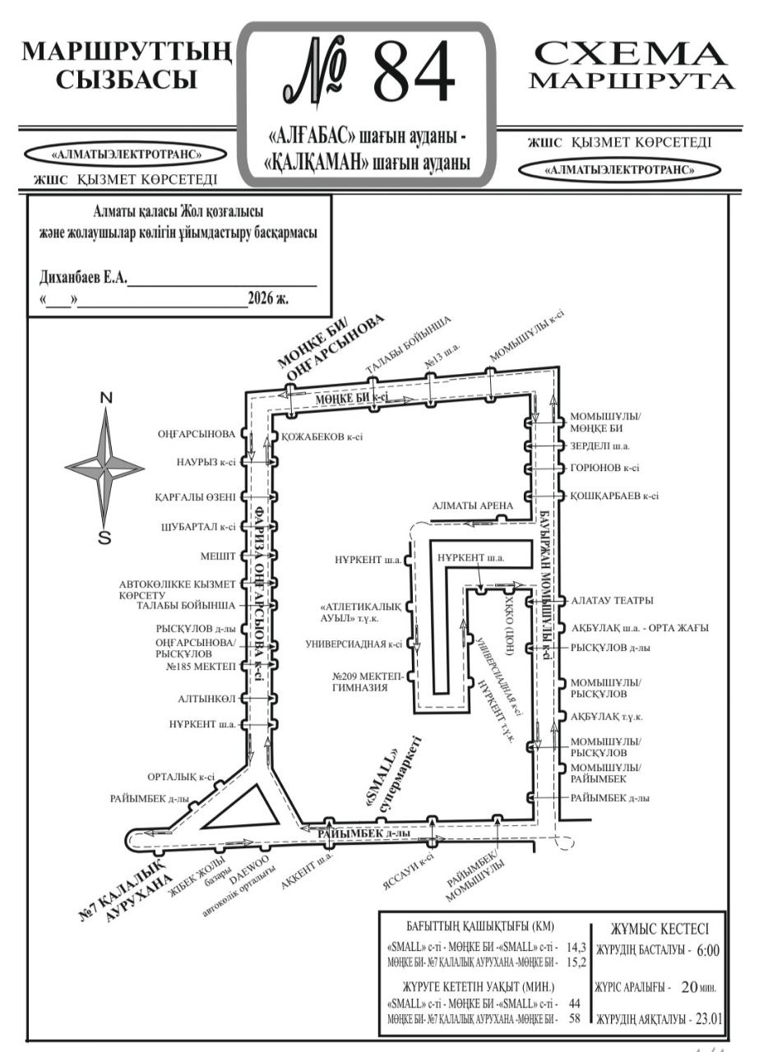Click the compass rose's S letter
pos(104,538)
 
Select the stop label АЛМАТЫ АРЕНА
pos(473,505)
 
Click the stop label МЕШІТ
pos(218,556)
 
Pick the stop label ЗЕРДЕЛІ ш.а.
pos(599,446)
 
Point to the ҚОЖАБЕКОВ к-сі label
pos(322,437)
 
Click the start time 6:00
pos(707,951)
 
